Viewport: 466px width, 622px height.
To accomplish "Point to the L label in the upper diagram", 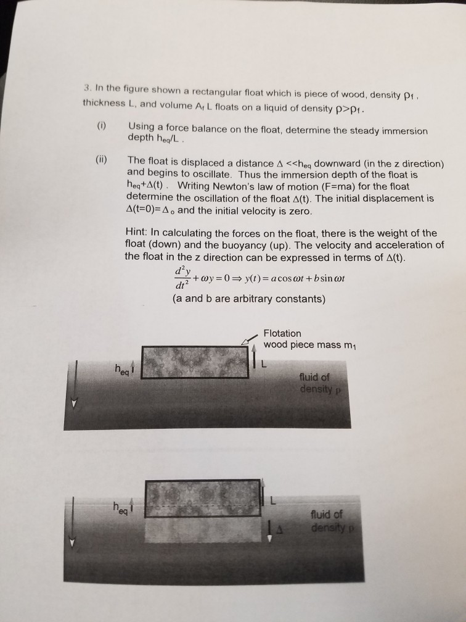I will point(266,363).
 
